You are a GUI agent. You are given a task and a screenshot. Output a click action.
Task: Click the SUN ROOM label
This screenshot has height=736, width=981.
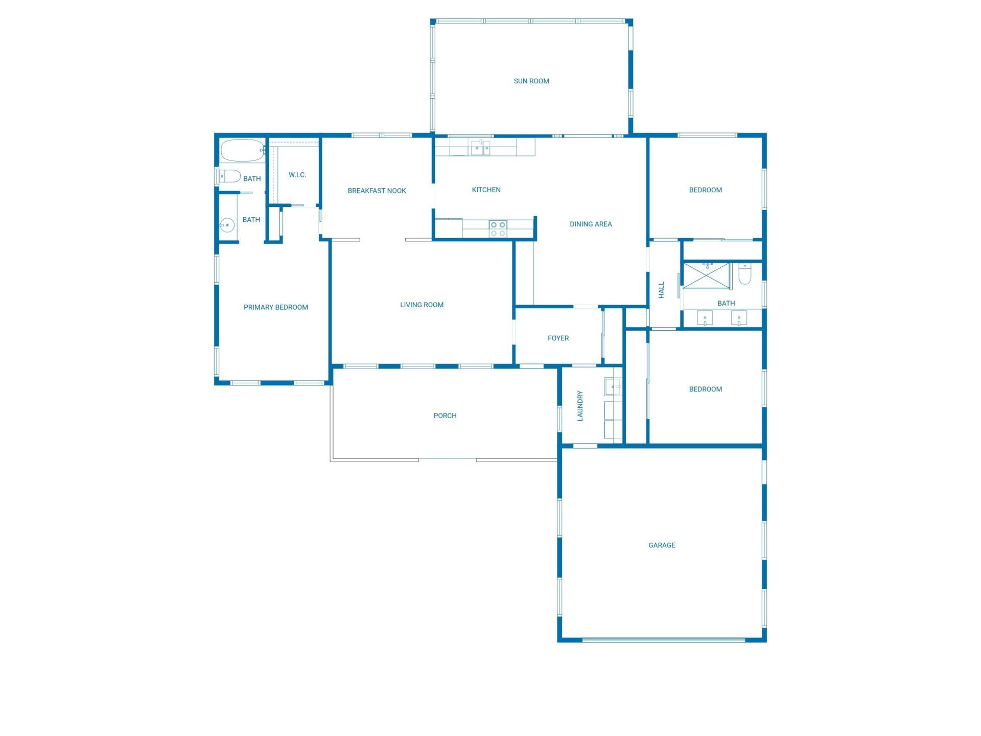click(531, 81)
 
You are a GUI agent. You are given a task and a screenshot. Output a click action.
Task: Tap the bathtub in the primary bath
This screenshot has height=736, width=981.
click(242, 150)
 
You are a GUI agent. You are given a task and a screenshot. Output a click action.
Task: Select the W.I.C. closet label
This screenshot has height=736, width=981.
click(297, 175)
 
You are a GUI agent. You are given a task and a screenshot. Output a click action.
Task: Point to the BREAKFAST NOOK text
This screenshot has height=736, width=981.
click(377, 191)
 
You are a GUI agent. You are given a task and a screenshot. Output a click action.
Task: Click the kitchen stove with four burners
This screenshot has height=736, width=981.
click(498, 228)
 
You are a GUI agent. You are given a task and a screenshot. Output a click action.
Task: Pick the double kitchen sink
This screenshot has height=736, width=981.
click(480, 148)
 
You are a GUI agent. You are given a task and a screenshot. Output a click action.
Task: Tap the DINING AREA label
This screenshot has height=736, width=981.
click(591, 224)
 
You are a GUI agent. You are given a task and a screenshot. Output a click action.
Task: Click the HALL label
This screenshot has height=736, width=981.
click(662, 290)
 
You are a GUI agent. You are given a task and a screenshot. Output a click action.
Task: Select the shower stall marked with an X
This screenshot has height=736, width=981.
click(707, 275)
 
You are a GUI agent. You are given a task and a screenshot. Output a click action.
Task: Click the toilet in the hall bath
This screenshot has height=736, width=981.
click(745, 275)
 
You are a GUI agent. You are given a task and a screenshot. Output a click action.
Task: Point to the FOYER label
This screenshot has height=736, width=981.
click(558, 338)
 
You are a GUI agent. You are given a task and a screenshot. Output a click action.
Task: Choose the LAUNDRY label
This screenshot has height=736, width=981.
click(580, 406)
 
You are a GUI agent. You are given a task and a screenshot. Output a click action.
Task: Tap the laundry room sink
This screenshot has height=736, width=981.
click(613, 386)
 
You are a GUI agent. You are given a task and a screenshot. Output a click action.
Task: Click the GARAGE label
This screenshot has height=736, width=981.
click(662, 545)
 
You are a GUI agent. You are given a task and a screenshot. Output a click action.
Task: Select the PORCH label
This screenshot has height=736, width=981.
click(445, 416)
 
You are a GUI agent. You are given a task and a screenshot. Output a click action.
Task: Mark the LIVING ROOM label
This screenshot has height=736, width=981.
click(422, 305)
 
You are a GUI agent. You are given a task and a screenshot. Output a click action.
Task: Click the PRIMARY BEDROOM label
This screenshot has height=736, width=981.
click(275, 307)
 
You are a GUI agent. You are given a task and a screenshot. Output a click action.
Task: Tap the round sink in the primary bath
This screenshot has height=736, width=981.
click(227, 225)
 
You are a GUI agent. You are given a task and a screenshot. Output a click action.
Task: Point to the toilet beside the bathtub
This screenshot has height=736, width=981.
click(230, 176)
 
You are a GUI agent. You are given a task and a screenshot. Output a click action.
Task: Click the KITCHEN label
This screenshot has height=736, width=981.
click(486, 190)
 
